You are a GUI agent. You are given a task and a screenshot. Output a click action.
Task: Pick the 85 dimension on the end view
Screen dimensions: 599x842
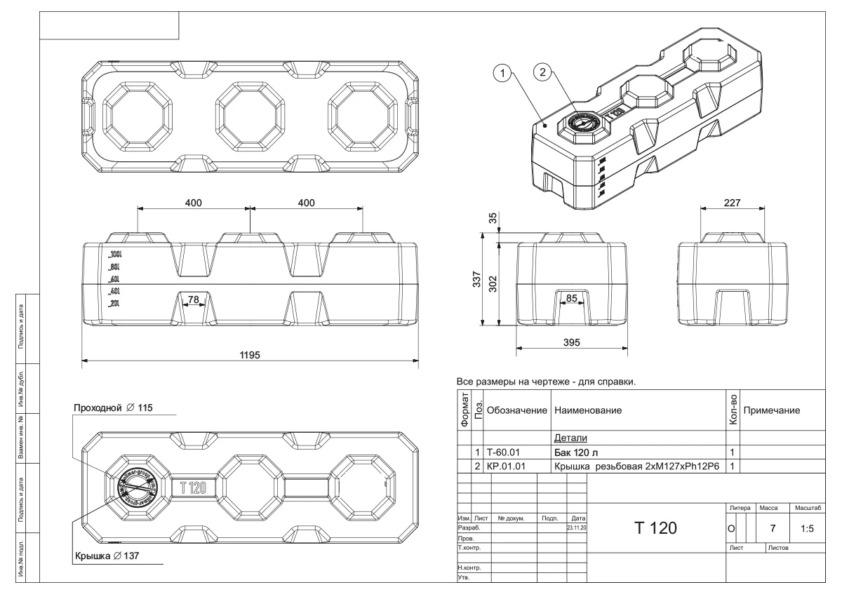pos(573,298)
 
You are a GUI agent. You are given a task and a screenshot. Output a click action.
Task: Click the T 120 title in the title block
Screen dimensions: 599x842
pos(655,527)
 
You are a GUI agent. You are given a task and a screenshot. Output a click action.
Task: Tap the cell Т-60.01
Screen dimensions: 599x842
pos(503,452)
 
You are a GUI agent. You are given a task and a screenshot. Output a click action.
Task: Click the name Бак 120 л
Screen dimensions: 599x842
pos(578,452)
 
